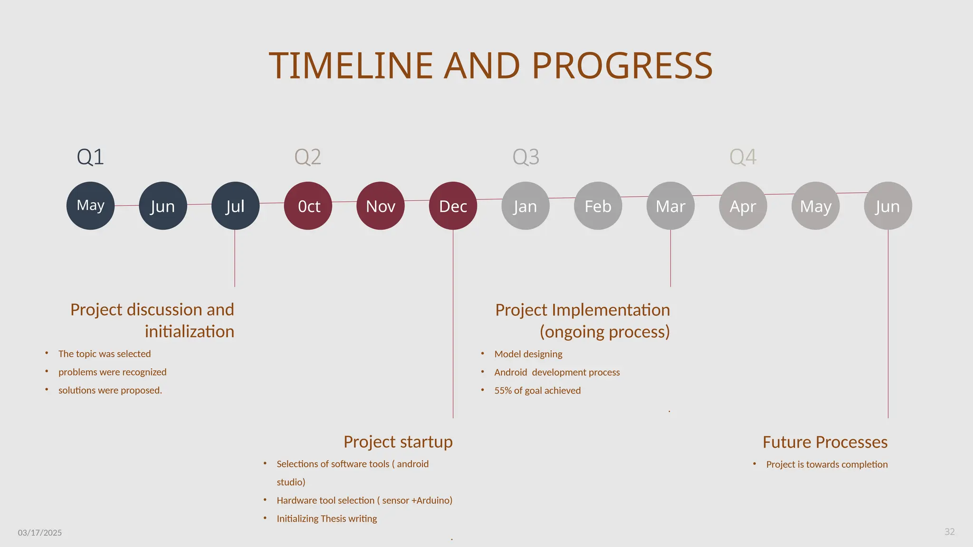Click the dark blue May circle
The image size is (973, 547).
(x=90, y=206)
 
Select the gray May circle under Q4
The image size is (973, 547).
(x=815, y=206)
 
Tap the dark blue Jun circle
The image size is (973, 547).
(x=162, y=206)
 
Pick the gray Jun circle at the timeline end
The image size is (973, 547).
(x=887, y=206)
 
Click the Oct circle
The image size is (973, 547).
(x=308, y=206)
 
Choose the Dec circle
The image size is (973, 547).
(x=453, y=206)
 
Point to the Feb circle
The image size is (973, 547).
(x=598, y=206)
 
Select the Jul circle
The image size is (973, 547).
(x=235, y=206)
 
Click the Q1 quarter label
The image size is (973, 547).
(x=90, y=157)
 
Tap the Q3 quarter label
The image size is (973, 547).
(x=525, y=157)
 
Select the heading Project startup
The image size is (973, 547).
(x=398, y=442)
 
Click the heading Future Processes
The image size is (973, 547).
(x=825, y=442)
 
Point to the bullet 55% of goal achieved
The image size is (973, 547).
(x=537, y=390)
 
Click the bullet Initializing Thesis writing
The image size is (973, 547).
(x=327, y=519)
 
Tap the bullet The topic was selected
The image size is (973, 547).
(x=105, y=354)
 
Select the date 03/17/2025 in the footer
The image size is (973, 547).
(x=40, y=533)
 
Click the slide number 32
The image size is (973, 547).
(x=949, y=532)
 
